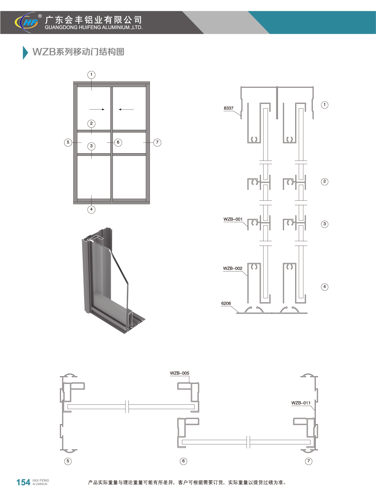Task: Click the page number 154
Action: (23, 482)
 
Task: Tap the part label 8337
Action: (228, 108)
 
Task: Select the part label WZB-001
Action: (233, 219)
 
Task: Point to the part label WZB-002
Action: (233, 268)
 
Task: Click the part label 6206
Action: (226, 303)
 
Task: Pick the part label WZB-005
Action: (180, 373)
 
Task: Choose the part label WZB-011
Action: (301, 403)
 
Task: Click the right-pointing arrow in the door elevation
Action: (97, 109)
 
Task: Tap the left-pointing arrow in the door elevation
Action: (126, 109)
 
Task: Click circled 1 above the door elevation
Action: (92, 75)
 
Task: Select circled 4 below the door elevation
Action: (92, 209)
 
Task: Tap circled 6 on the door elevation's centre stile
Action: (118, 142)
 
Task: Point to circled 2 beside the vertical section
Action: (324, 181)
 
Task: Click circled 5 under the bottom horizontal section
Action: (68, 461)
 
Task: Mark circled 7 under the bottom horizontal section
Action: (309, 461)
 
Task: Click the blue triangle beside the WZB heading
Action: (25, 53)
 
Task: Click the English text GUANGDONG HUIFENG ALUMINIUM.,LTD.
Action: (94, 27)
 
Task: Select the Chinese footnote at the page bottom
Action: (187, 482)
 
